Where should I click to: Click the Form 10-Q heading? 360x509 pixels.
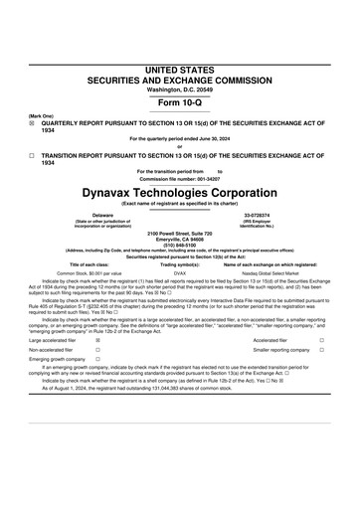point(180,103)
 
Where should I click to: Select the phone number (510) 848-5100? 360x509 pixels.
point(180,243)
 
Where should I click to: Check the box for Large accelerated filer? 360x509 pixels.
point(96,340)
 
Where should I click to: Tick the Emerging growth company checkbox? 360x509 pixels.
point(96,362)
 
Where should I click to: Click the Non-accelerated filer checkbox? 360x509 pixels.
point(96,351)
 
